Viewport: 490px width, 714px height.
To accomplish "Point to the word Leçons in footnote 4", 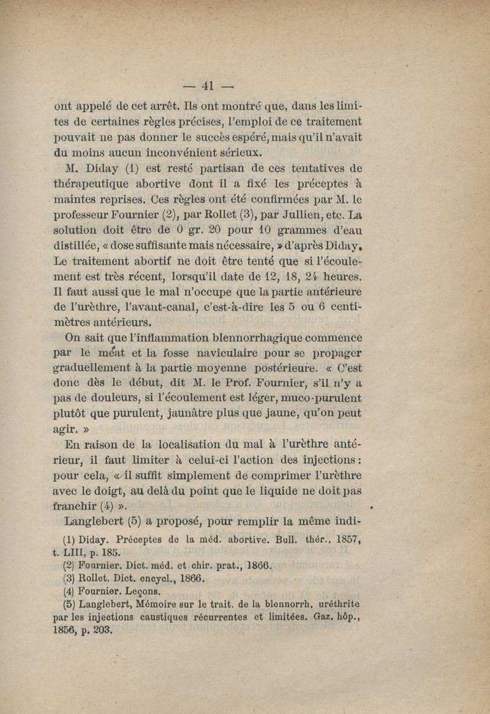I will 145,592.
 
